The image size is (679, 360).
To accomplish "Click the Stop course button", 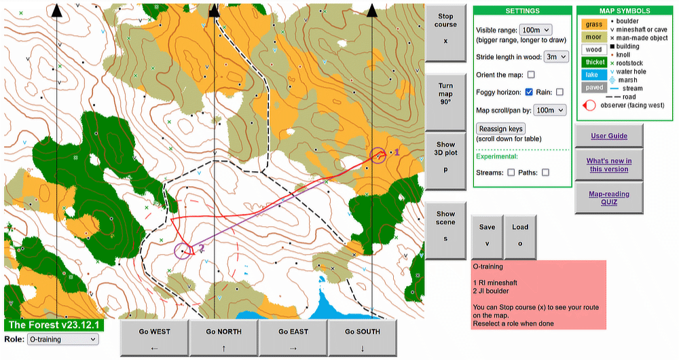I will coord(445,29).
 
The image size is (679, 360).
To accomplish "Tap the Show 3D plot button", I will coord(445,156).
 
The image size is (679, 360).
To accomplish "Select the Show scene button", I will coord(445,226).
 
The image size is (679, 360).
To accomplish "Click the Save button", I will coord(487,235).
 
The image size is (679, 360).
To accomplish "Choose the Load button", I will coord(520,235).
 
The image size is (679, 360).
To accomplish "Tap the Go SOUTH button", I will coord(363,337).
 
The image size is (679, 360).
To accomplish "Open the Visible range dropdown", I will coord(535,30).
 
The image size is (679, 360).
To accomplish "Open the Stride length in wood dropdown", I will coord(556,57).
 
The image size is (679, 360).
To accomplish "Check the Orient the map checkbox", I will coord(531,75).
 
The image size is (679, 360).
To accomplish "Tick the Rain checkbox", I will coord(559,92).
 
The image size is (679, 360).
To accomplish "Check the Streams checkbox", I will coord(511,173).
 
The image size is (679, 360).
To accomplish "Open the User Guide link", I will coord(608,136).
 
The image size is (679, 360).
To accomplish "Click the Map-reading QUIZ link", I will coord(608,198).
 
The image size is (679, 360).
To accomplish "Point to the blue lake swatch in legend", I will coord(592,75).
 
